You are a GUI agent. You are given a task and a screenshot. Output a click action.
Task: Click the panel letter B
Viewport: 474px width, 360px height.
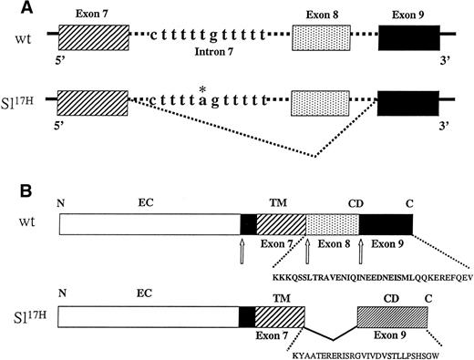pos(8,193)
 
